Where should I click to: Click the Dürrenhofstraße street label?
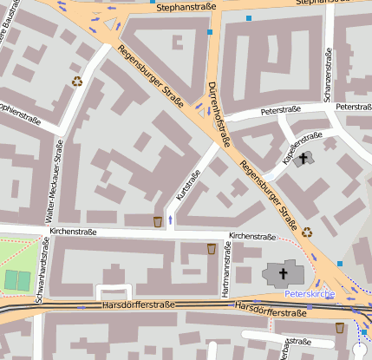click(219, 112)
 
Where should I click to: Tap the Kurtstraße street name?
click(188, 185)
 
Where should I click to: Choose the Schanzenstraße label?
click(329, 78)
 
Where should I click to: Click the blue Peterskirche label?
click(310, 294)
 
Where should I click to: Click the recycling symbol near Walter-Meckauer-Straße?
click(77, 82)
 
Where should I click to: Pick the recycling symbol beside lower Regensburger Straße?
click(307, 232)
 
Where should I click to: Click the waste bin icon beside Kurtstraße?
click(157, 221)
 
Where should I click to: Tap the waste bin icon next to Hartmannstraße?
click(211, 249)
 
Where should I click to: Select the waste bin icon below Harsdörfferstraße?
click(339, 327)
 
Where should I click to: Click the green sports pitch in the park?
click(16, 279)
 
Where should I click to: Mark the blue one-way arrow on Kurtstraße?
click(169, 219)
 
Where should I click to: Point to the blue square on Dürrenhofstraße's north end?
click(210, 32)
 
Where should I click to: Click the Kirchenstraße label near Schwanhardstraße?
click(74, 232)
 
